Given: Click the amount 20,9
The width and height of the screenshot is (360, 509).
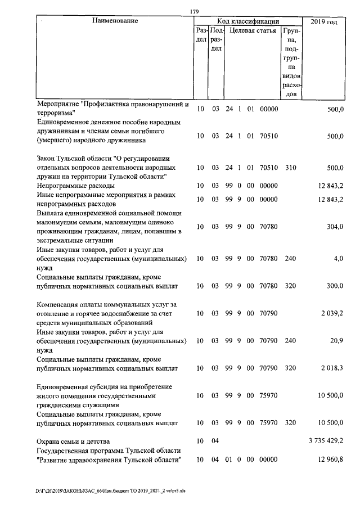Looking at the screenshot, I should [x=337, y=341].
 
